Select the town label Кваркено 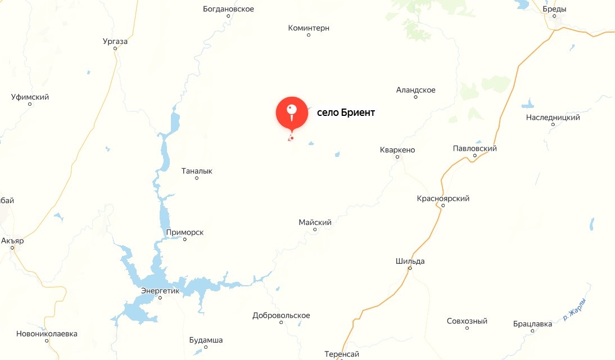point(397,150)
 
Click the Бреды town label point(554,9)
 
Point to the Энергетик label point(160,291)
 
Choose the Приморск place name point(184,232)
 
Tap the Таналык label point(197,171)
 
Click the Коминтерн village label point(308,28)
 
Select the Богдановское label point(228,9)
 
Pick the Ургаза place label point(116,42)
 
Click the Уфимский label point(30,97)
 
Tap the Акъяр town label point(12,241)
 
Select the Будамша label point(206,340)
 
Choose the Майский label point(315,223)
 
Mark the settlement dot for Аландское point(416,97)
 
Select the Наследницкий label point(553,118)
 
